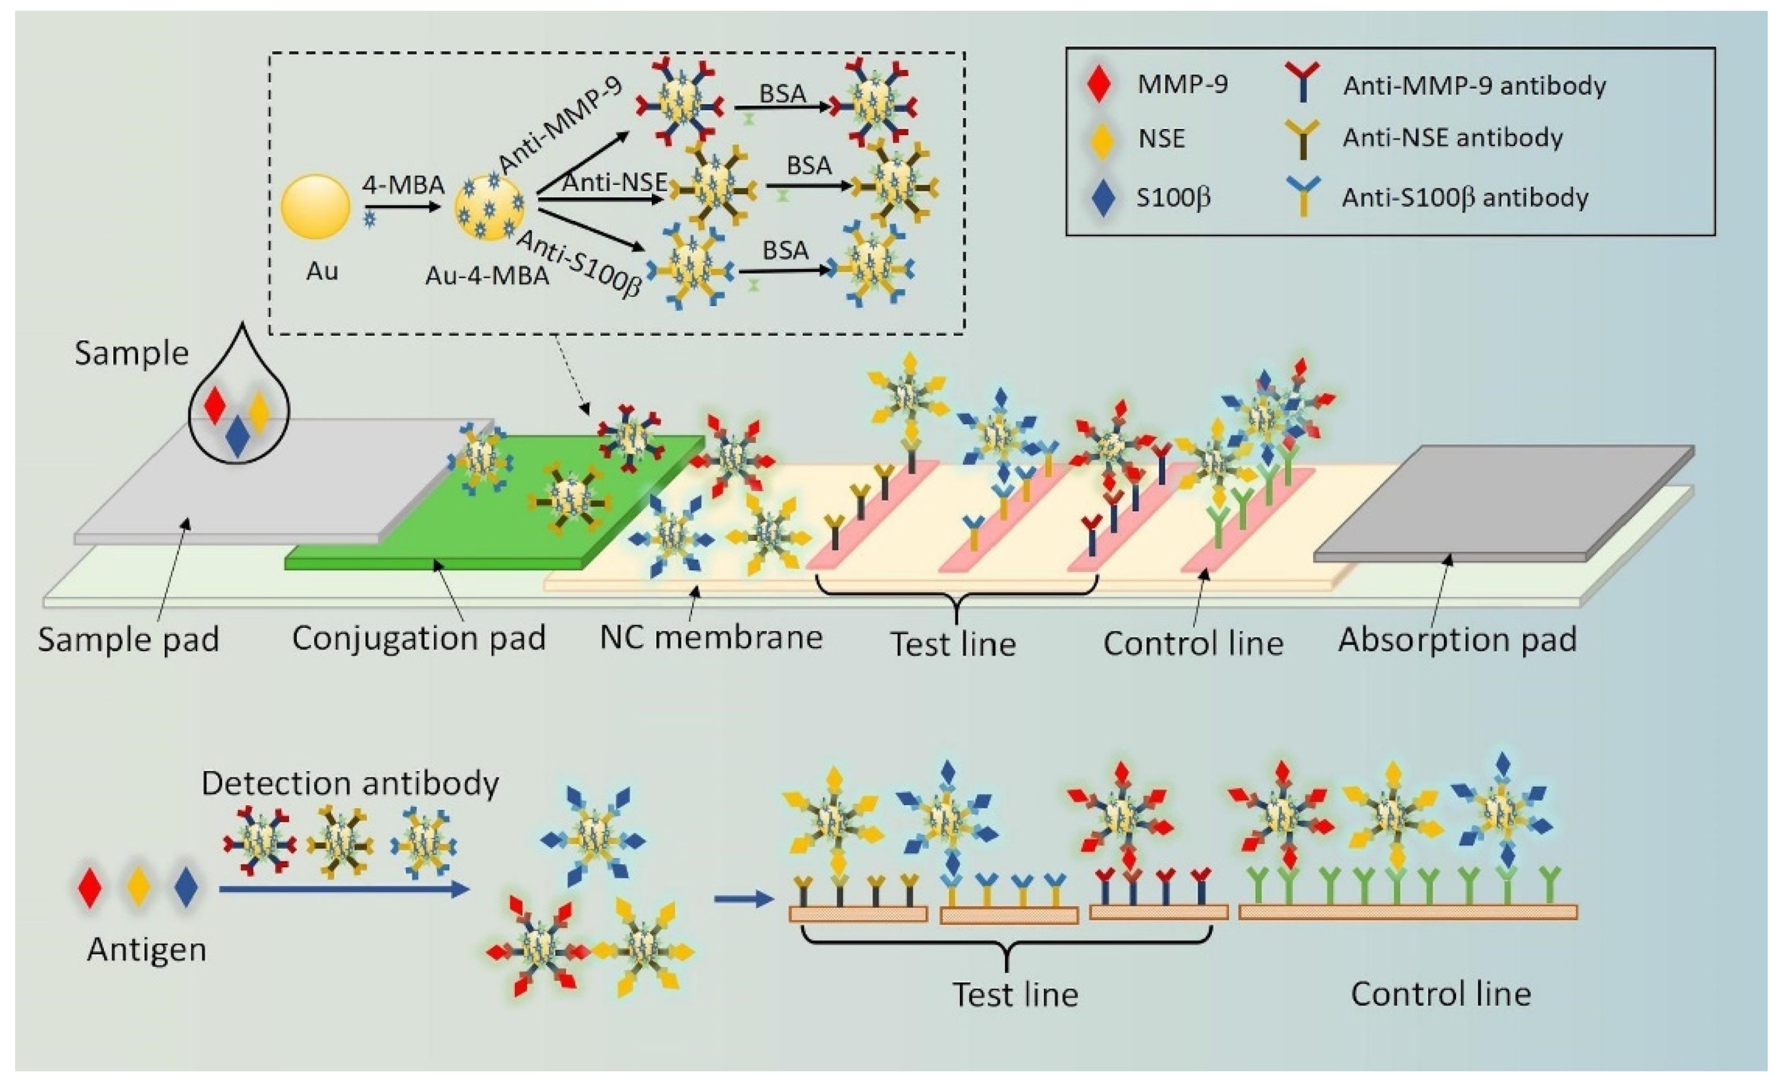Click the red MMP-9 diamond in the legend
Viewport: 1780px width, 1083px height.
(1099, 85)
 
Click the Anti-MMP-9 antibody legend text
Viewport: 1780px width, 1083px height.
(1474, 86)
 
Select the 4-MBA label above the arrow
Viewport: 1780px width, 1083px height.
(402, 185)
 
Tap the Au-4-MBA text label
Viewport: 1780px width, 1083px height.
(487, 275)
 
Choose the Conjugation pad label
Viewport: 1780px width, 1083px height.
(418, 639)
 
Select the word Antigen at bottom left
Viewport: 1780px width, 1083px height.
(147, 950)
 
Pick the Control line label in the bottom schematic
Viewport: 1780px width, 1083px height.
(1440, 994)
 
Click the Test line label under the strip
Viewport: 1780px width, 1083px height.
(953, 644)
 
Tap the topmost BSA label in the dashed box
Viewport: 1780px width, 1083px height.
(783, 94)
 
